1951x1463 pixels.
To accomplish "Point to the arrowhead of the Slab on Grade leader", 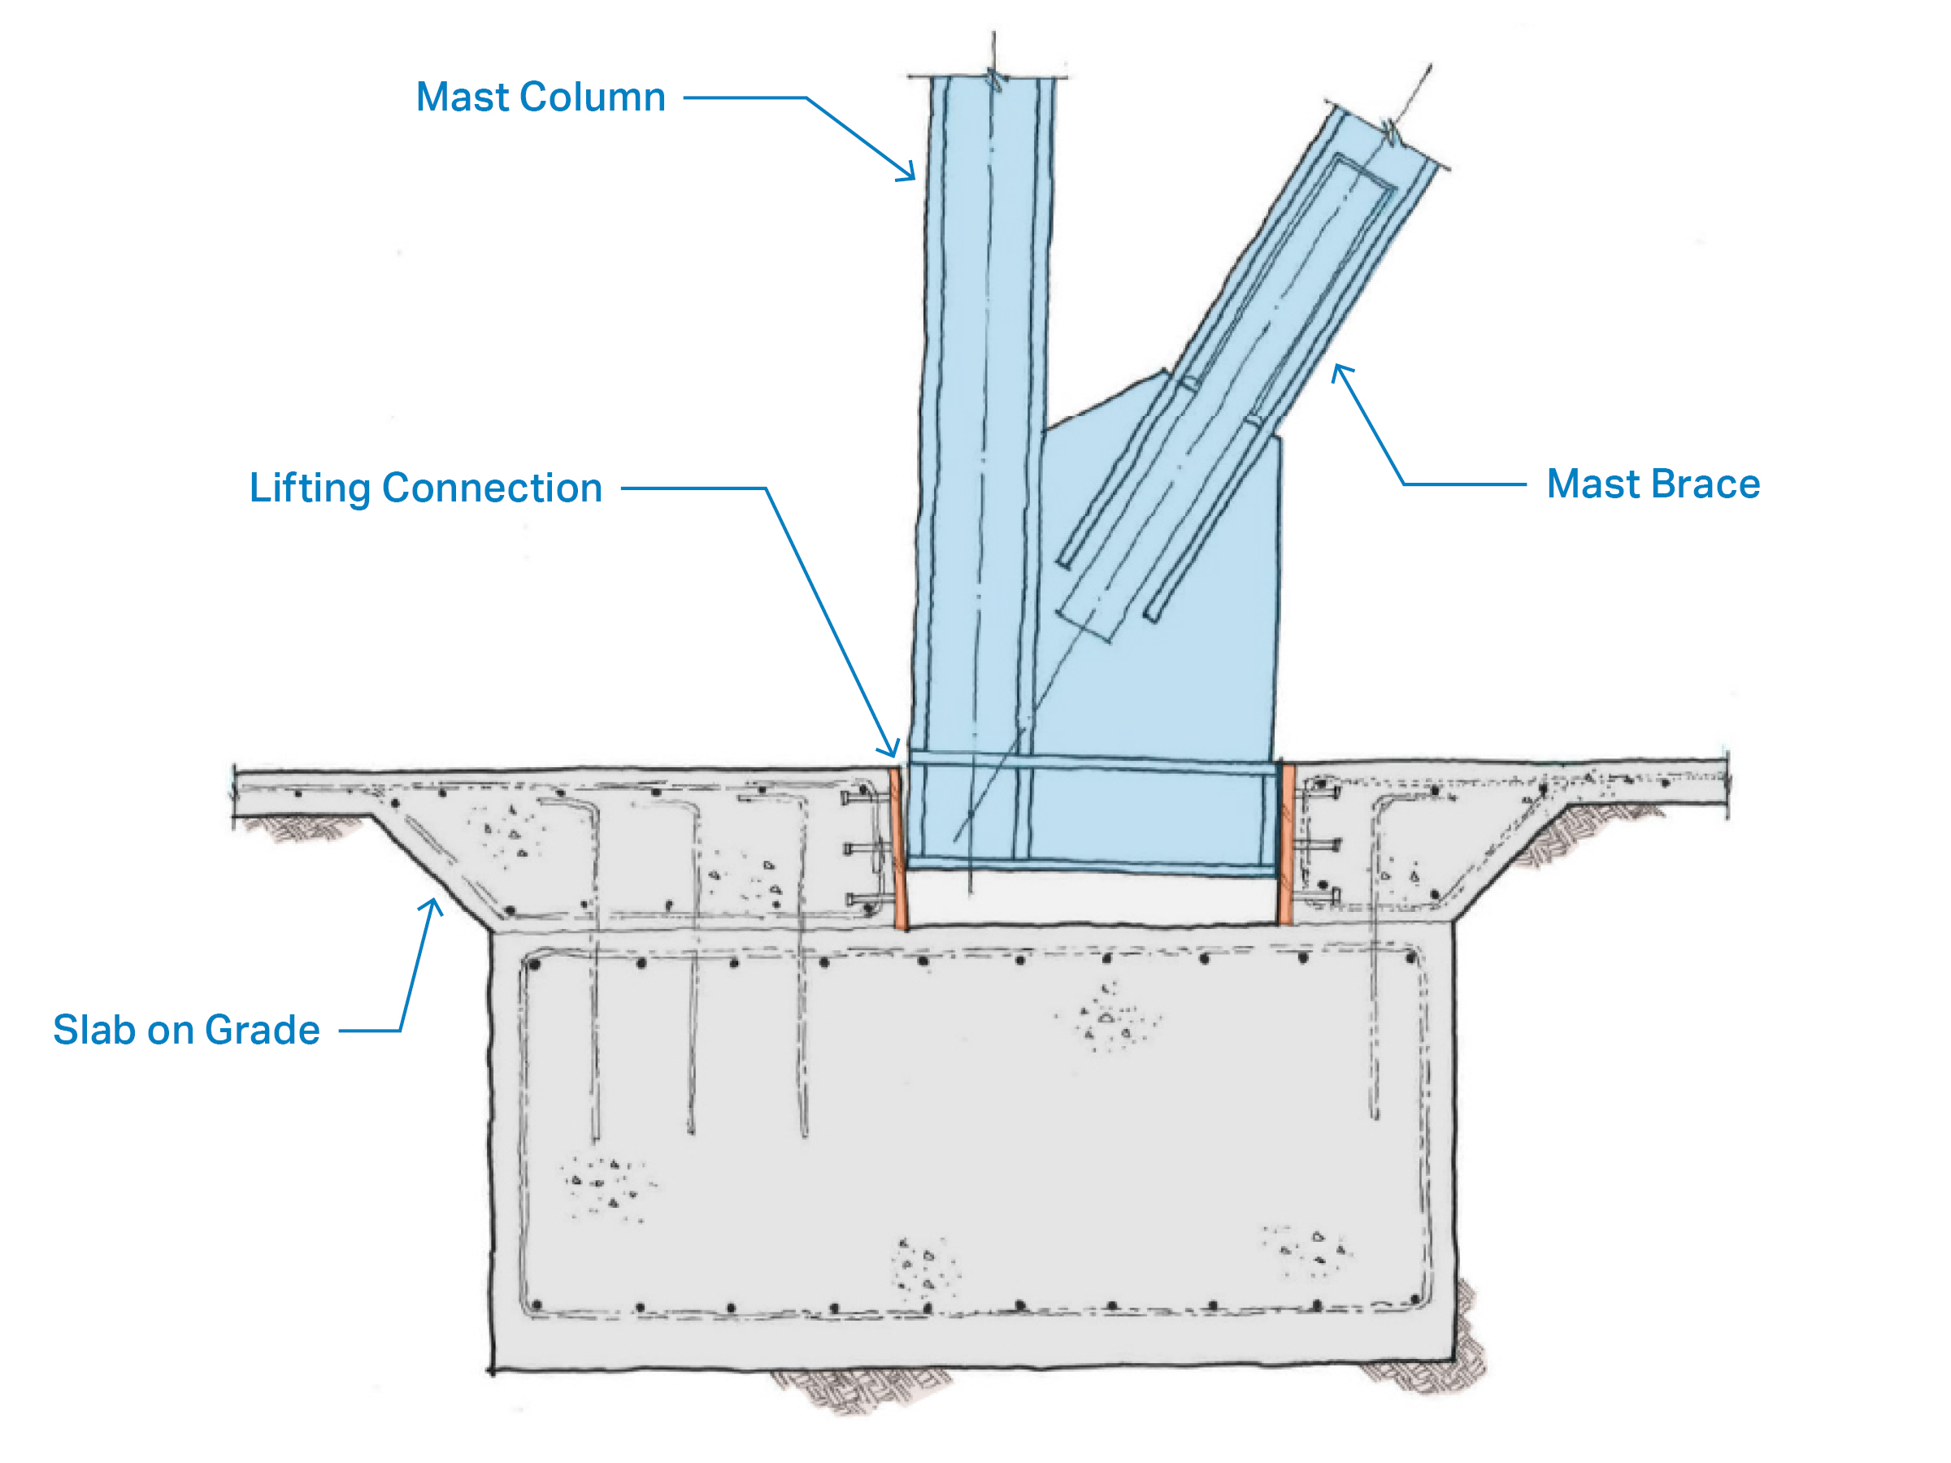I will pos(432,904).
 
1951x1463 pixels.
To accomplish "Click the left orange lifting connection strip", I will pos(900,848).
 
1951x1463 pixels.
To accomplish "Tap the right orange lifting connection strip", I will pos(1287,844).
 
